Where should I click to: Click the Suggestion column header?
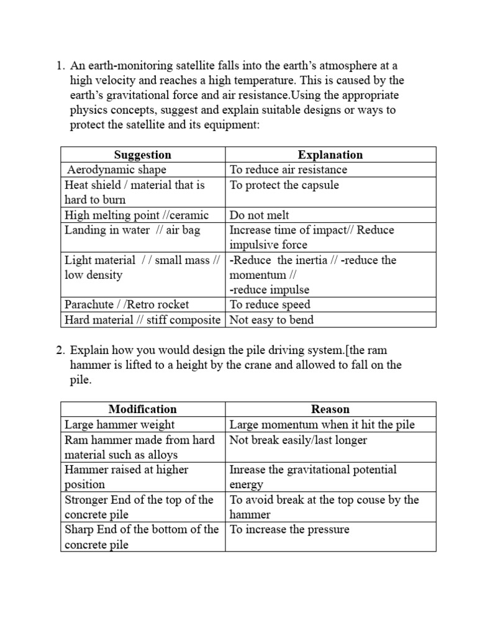[x=142, y=155]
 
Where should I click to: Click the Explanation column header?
[x=330, y=155]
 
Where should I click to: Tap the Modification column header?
[x=142, y=409]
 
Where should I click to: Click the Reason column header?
[x=330, y=409]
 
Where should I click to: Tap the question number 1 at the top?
[x=60, y=66]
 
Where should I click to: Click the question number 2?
[x=60, y=350]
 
